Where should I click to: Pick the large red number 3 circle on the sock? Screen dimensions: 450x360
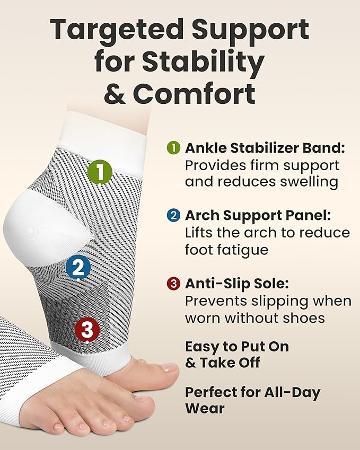click(87, 330)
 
